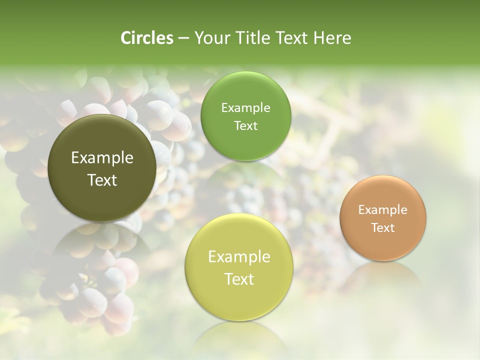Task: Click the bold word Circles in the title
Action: click(147, 38)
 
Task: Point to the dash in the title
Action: click(183, 38)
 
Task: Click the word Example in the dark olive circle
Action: click(102, 158)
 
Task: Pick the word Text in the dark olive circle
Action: click(102, 180)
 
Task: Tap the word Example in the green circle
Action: click(245, 108)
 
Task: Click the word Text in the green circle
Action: click(245, 125)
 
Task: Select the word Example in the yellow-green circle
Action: click(239, 257)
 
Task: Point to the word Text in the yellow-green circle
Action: click(239, 279)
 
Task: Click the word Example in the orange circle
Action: click(383, 210)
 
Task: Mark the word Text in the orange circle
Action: click(383, 227)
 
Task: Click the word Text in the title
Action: click(291, 38)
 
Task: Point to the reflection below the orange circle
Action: click(383, 277)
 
